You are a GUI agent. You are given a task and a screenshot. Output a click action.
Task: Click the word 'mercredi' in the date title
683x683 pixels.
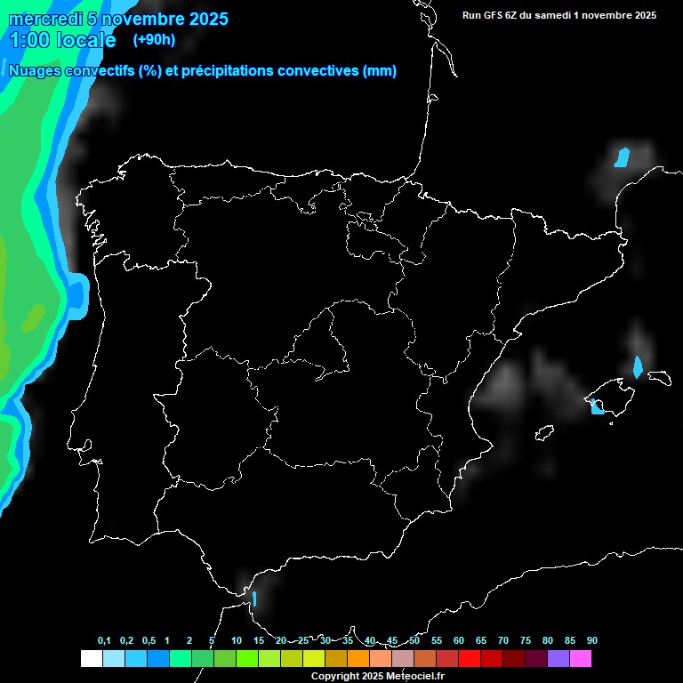click(x=47, y=19)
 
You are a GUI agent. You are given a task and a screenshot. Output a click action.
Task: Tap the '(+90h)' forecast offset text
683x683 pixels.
click(x=155, y=39)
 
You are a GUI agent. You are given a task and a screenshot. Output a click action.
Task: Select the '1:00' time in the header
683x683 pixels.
click(x=29, y=40)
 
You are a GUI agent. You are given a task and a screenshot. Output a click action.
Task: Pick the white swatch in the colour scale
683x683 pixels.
click(x=91, y=659)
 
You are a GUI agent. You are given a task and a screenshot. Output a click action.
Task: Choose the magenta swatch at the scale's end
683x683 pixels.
click(x=581, y=659)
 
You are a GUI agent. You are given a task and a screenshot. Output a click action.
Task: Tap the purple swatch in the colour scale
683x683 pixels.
click(x=558, y=659)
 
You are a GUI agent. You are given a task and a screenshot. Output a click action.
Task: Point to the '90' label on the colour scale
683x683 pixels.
click(x=591, y=640)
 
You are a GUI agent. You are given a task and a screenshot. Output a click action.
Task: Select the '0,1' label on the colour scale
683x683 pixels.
click(x=104, y=640)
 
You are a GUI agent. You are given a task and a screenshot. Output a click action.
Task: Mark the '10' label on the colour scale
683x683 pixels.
click(x=236, y=640)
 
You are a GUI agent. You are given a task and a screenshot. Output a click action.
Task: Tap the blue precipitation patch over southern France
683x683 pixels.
click(x=622, y=157)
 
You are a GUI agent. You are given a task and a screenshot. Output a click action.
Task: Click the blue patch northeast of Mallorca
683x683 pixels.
click(x=637, y=366)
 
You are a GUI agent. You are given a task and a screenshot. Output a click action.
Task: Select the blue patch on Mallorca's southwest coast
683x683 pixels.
click(x=596, y=407)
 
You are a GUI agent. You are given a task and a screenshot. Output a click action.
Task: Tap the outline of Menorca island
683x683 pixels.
click(x=659, y=377)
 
